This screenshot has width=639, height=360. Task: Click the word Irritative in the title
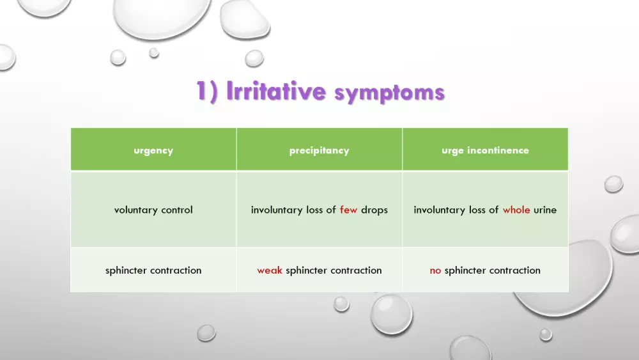276,91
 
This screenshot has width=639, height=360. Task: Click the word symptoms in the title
389,93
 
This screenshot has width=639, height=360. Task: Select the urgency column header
153,151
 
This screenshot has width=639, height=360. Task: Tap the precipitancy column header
319,151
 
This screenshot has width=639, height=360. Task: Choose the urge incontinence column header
485,151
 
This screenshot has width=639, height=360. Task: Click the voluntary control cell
153,210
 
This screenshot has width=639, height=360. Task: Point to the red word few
348,210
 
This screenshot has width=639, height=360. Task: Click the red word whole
516,210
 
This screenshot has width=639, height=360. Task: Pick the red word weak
270,270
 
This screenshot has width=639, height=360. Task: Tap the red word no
435,270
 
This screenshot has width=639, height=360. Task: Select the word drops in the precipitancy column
374,210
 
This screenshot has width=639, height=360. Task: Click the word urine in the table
545,210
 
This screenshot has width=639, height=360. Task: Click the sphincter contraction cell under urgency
153,270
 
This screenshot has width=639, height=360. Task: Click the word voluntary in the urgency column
135,210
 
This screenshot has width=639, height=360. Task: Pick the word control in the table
176,210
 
